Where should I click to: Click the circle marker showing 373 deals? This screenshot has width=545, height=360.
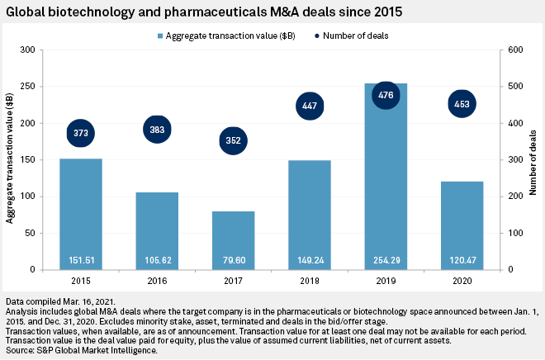pyautogui.click(x=81, y=133)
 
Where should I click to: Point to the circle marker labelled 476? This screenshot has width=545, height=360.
pyautogui.click(x=386, y=95)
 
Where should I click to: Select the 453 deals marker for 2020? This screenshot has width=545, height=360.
pyautogui.click(x=462, y=103)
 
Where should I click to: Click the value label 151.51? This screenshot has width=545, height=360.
pyautogui.click(x=81, y=261)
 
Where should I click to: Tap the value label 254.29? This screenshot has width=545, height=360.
pyautogui.click(x=386, y=261)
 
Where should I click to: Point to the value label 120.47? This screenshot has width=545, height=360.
pyautogui.click(x=462, y=261)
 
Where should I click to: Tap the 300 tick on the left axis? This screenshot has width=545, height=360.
pyautogui.click(x=30, y=50)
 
